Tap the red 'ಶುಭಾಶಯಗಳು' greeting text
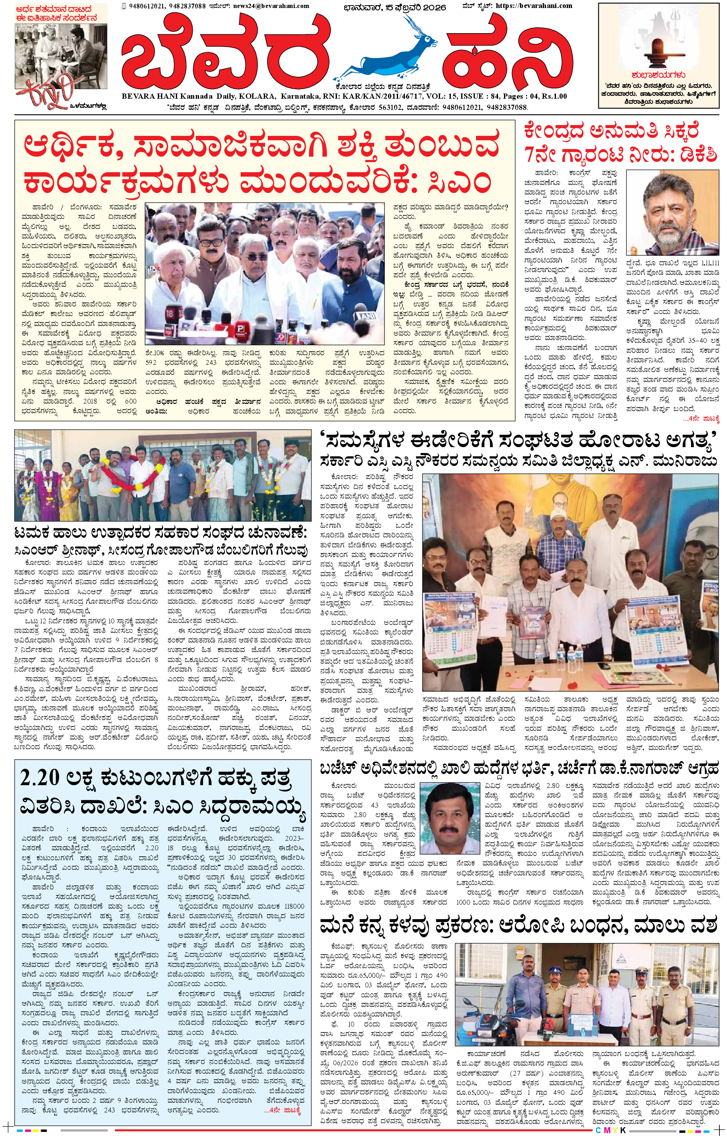point(659,75)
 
